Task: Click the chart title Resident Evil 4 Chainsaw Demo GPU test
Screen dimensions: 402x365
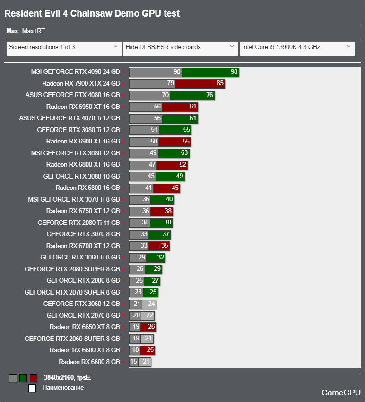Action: (92, 14)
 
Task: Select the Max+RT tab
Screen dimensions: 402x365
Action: (33, 31)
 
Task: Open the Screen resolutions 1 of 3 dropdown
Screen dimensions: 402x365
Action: (64, 47)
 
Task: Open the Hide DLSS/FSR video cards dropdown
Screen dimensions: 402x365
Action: (180, 47)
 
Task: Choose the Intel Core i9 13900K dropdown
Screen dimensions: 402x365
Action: (297, 47)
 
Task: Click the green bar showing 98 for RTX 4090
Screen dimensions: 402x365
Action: (210, 72)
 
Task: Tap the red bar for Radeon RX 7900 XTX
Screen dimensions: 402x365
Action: (200, 84)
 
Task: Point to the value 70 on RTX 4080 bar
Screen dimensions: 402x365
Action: (165, 95)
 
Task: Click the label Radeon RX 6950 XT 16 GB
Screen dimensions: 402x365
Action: (83, 107)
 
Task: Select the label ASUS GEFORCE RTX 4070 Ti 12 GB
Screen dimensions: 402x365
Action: (70, 118)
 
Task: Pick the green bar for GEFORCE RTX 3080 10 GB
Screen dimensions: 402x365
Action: (170, 176)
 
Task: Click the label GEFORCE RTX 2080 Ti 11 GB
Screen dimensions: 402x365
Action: (78, 223)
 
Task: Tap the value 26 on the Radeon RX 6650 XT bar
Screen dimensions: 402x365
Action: (151, 327)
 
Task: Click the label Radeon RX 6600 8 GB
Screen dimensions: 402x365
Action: (89, 362)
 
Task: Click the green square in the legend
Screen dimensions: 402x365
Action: (23, 378)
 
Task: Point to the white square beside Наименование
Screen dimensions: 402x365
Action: (32, 388)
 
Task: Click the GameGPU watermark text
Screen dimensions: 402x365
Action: (341, 393)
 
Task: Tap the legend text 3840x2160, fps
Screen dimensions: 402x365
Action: (65, 378)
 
